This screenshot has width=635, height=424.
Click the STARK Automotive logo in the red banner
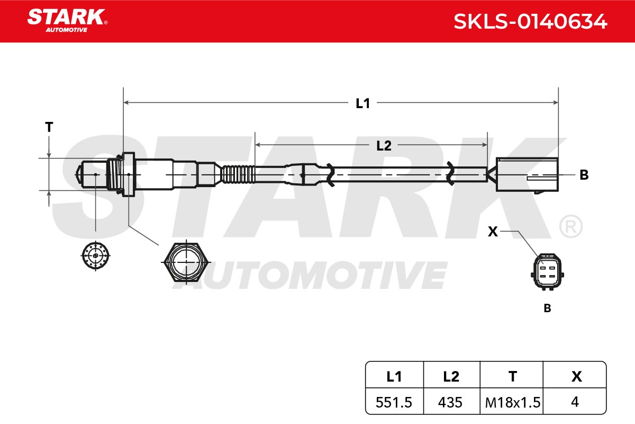(x=67, y=21)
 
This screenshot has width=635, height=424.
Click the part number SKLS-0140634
(x=530, y=22)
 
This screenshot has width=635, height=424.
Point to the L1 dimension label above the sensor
(x=363, y=103)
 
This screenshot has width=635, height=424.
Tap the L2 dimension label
(x=384, y=146)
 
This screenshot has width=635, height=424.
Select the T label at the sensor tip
(x=49, y=127)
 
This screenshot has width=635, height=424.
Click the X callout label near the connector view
(x=493, y=232)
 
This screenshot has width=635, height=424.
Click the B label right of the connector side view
(x=584, y=175)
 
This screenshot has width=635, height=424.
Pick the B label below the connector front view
(x=547, y=308)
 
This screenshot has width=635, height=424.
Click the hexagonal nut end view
(x=186, y=262)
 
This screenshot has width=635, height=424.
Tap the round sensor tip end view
(x=96, y=255)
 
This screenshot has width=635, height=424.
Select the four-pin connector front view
(x=547, y=272)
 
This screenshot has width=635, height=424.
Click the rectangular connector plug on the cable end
(x=527, y=175)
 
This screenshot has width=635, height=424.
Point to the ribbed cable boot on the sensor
(x=238, y=174)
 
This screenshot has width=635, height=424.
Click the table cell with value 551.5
(x=394, y=402)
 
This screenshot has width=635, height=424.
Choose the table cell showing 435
(x=450, y=402)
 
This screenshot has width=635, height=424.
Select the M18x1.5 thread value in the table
(x=513, y=402)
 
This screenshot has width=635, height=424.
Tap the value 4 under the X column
(x=575, y=402)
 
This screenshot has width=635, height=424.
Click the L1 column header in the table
(x=394, y=377)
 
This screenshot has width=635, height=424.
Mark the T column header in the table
(x=513, y=377)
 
